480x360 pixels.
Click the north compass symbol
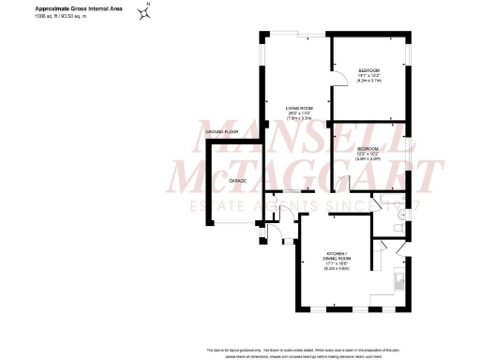pyautogui.click(x=145, y=13)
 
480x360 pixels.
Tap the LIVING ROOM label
pyautogui.click(x=299, y=109)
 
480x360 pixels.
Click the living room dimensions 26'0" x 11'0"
pyautogui.click(x=299, y=115)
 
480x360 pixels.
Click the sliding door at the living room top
pyautogui.click(x=298, y=37)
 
